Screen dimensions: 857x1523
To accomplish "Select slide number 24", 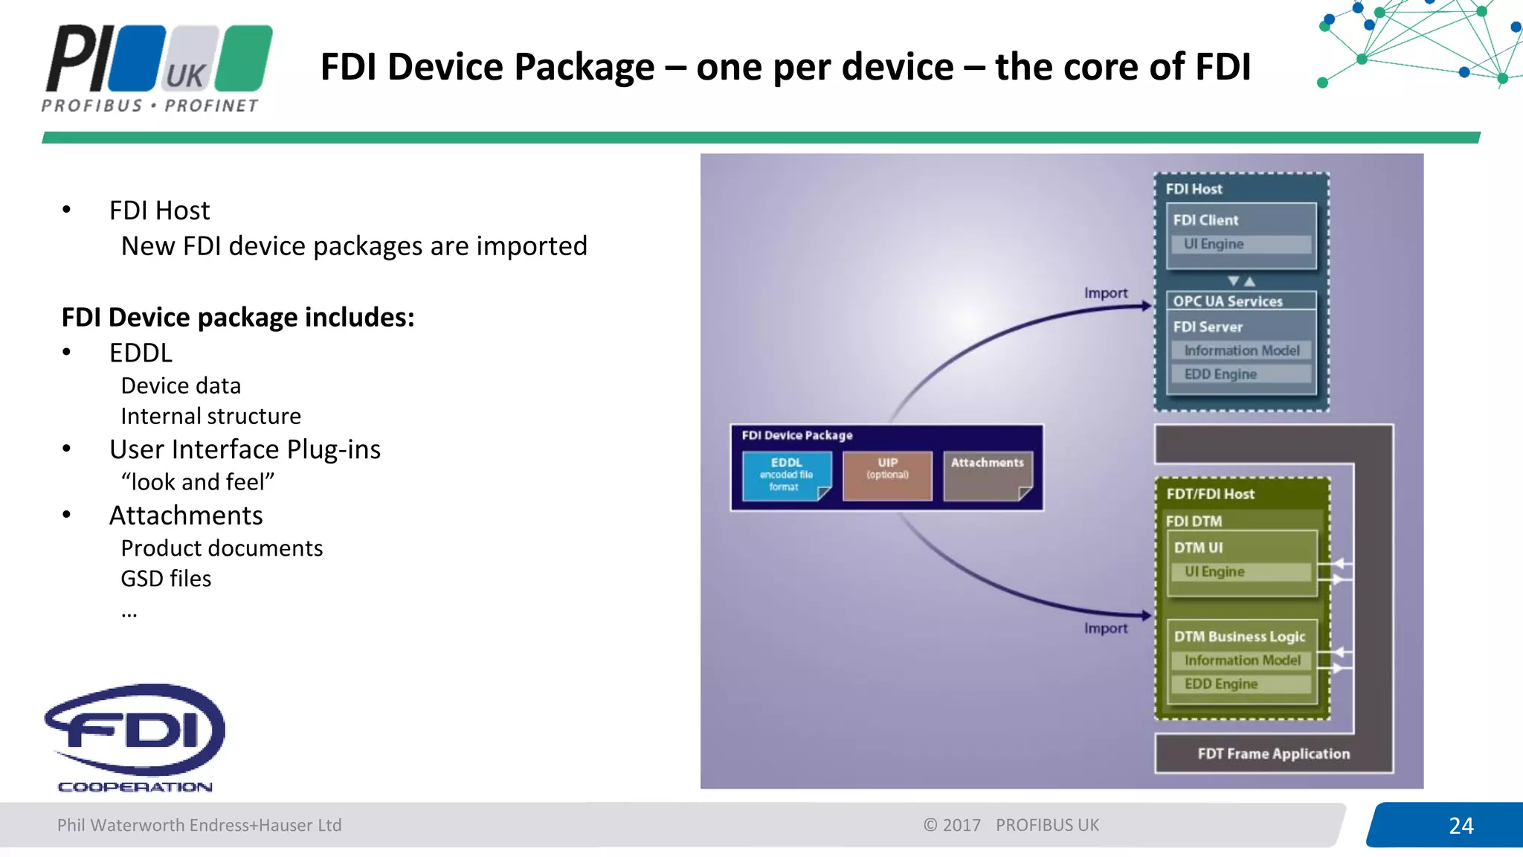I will point(1461,826).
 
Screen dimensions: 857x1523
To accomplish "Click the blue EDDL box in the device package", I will point(786,475).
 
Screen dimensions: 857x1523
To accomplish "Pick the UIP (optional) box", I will point(887,475).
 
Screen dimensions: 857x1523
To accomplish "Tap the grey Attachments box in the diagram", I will point(988,475).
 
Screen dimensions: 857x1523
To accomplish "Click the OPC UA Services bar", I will point(1240,301).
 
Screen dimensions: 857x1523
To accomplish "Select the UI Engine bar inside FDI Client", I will point(1240,244).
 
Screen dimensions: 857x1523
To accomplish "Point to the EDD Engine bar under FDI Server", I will point(1240,374).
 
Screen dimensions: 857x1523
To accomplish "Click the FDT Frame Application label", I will point(1273,754).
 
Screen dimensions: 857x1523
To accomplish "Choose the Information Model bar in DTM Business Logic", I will point(1240,661).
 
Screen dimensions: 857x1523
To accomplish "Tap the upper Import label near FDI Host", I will point(1105,293).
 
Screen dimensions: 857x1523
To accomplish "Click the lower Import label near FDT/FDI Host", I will point(1105,629).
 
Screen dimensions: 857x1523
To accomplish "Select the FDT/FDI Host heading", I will point(1210,494).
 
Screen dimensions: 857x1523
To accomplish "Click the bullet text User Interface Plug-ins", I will point(245,449).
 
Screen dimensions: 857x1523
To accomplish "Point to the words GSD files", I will point(166,579).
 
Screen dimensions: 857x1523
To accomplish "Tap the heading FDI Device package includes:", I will point(238,318).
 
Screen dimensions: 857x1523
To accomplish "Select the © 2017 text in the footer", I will point(952,825).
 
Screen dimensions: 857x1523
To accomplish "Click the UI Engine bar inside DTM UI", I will point(1240,572).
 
